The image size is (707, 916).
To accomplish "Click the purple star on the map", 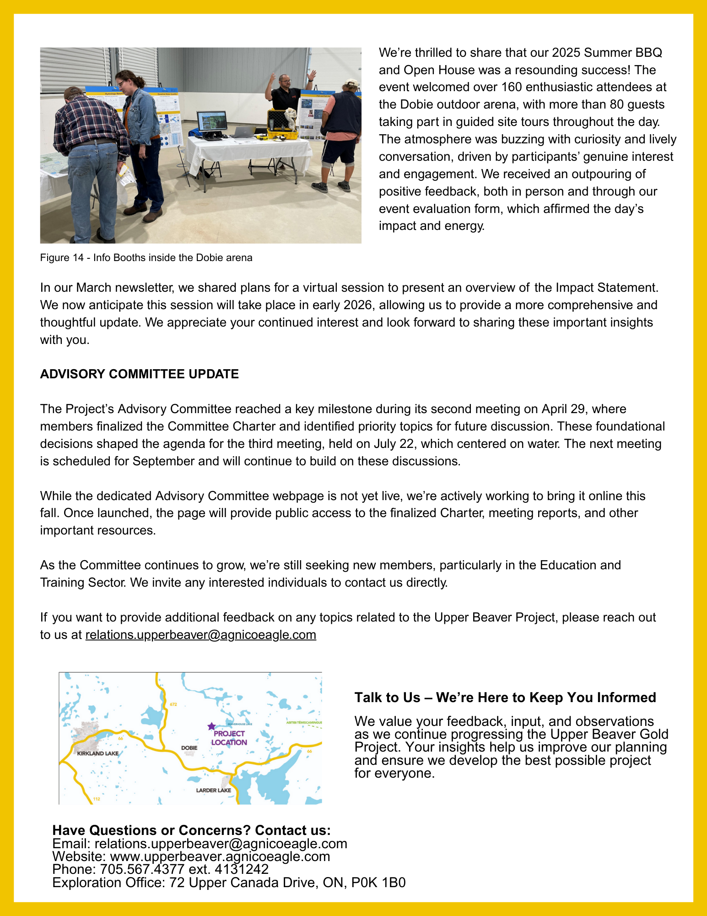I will (x=211, y=726).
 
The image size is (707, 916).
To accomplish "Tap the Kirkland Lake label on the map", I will (x=97, y=753).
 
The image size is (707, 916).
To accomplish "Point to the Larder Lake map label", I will (x=213, y=790).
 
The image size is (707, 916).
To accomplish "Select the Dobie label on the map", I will (x=189, y=748).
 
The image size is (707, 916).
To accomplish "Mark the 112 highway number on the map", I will (x=97, y=799).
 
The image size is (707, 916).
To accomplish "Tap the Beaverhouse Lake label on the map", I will (x=240, y=724).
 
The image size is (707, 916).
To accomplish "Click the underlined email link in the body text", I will (x=200, y=635).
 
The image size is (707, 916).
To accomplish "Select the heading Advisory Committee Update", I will (x=139, y=374).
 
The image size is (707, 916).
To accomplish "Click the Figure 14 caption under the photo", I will (x=146, y=258).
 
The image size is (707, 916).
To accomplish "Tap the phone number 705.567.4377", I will (x=142, y=869).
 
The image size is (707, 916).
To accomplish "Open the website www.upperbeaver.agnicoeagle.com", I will (x=220, y=856).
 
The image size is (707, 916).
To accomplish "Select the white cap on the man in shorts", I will (x=351, y=83).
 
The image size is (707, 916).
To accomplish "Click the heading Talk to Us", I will (x=505, y=698).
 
